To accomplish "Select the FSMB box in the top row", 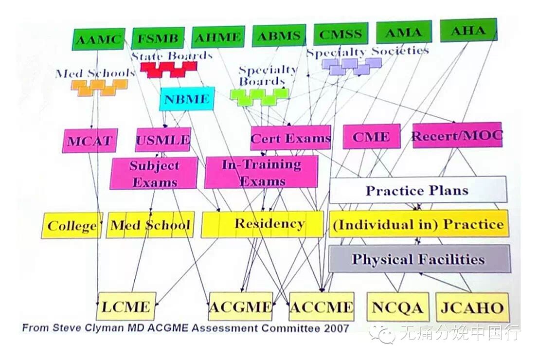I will click(158, 38).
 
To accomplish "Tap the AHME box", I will click(218, 37).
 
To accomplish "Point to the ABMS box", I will click(279, 36).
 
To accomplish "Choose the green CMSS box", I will click(340, 35).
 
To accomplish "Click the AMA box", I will click(403, 33).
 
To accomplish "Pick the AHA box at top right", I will click(468, 30).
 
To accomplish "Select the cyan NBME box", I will click(187, 99).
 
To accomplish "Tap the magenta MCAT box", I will click(89, 141).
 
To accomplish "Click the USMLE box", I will click(163, 140).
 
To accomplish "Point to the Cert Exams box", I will click(290, 138).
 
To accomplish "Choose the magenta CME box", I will click(371, 137).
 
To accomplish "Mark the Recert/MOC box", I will click(457, 135).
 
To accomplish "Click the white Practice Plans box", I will click(417, 190).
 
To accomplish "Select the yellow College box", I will click(72, 226).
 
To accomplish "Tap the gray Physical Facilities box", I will click(419, 258).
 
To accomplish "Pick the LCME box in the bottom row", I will click(126, 306).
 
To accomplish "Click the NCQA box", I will click(397, 307).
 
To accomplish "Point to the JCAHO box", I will click(472, 307).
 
